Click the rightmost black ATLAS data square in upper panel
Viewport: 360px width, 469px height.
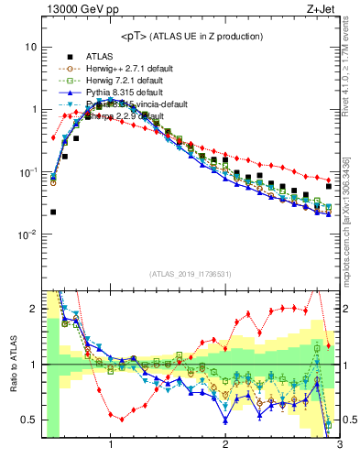click(329, 186)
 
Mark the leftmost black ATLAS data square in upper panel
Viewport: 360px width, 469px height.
click(53, 212)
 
